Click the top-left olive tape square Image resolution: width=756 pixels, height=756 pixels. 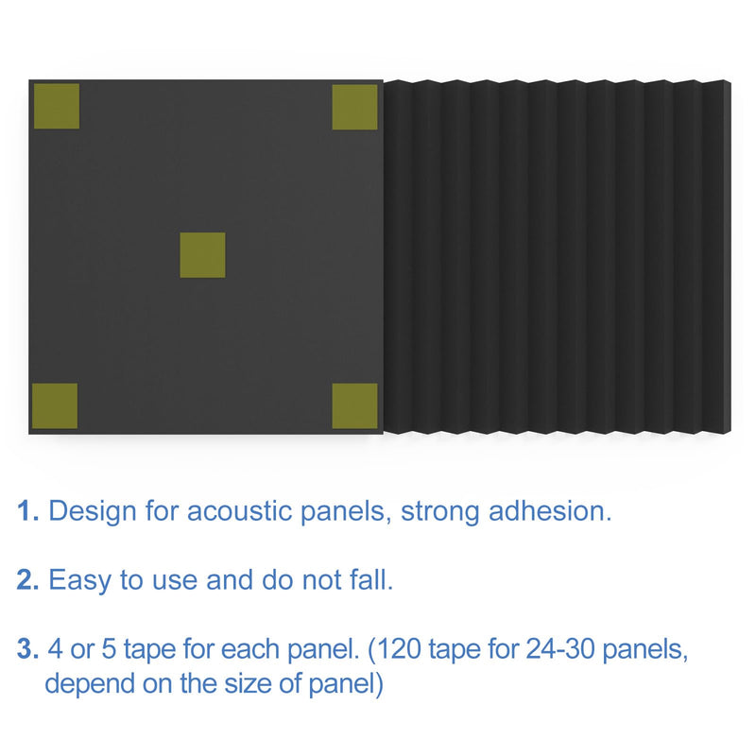pos(56,107)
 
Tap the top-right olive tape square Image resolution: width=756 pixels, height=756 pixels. pos(355,107)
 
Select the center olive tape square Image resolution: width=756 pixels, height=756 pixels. pos(203,255)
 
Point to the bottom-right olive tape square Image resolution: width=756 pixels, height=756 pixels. pos(355,405)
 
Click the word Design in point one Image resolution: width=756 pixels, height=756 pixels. pos(90,512)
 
